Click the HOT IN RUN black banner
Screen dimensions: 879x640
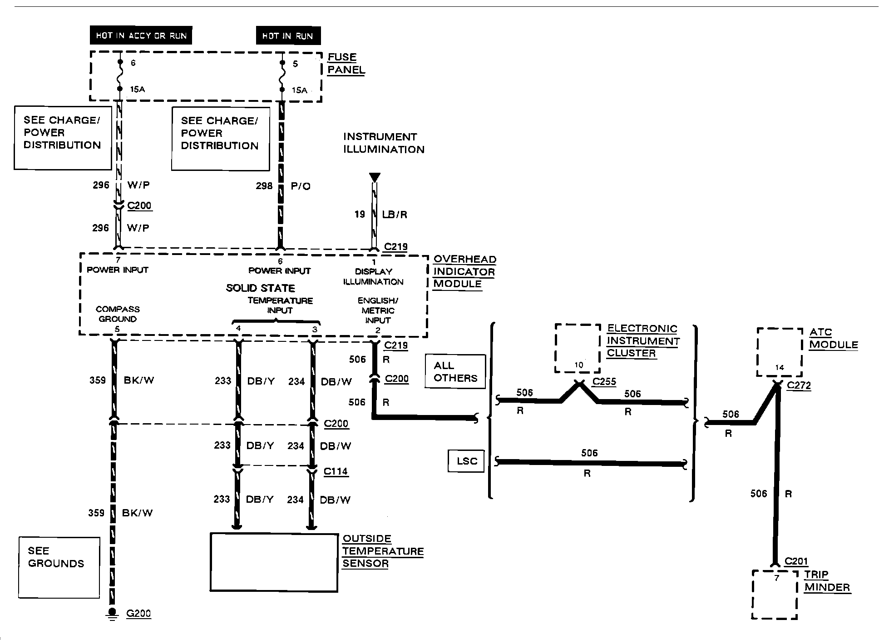coord(288,36)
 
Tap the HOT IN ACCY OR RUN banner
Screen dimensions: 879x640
coord(141,35)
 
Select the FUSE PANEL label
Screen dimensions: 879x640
coord(346,64)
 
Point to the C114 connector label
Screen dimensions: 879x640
coord(336,471)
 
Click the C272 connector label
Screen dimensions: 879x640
coord(799,385)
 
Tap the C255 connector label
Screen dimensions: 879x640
coord(605,381)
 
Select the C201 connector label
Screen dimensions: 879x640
coord(796,561)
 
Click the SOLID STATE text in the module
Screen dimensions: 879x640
coord(261,288)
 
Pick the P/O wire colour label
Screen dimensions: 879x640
coord(301,186)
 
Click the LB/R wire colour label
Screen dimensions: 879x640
coord(395,215)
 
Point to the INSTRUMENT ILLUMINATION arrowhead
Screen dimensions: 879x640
coord(375,177)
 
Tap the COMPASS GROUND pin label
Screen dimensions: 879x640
coord(118,314)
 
